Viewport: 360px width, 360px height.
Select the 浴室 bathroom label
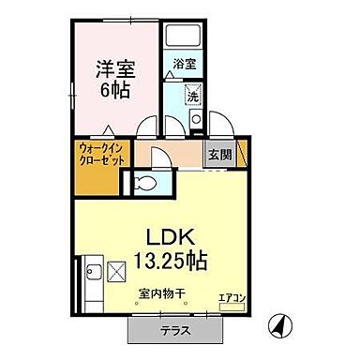point(184,64)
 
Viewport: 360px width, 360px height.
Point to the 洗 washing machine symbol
point(192,97)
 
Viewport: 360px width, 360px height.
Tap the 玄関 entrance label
point(218,155)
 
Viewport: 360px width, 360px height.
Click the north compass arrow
point(277,327)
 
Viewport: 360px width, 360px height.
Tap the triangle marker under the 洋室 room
point(111,131)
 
